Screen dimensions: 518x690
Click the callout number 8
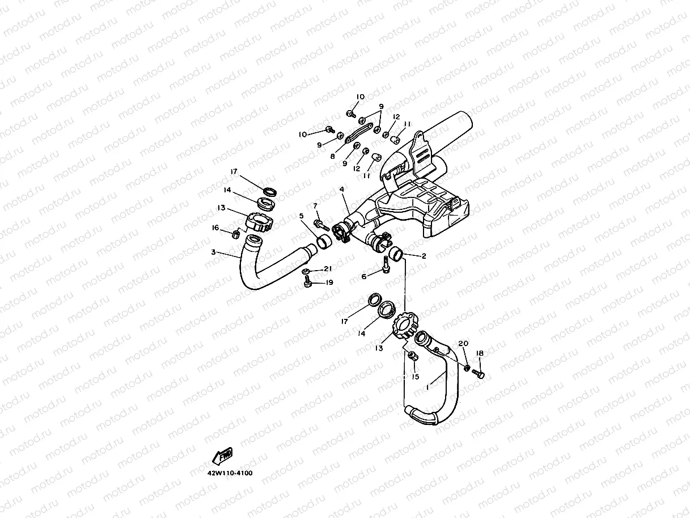point(333,156)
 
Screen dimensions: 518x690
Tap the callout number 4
point(341,188)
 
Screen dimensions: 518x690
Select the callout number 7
point(315,205)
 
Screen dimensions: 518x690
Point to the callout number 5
point(302,216)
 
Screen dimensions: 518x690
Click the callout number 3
point(213,252)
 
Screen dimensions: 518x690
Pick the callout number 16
point(215,228)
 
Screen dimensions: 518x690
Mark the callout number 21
point(328,268)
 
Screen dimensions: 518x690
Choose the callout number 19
point(329,282)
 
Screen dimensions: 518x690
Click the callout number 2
point(424,256)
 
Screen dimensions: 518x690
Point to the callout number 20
point(463,343)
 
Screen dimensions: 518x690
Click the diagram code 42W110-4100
point(230,473)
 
